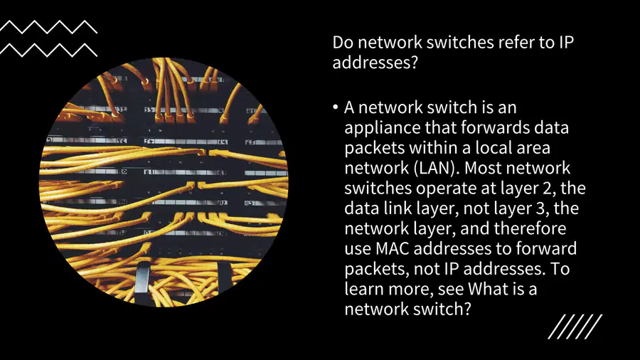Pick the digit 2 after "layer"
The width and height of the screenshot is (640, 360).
(x=550, y=188)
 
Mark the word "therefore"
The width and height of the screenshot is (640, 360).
(x=530, y=228)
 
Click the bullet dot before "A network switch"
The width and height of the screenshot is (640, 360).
(x=336, y=107)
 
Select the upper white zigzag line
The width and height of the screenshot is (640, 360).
(x=48, y=26)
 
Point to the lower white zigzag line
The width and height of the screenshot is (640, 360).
(x=48, y=50)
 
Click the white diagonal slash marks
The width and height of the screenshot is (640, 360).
(x=575, y=327)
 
